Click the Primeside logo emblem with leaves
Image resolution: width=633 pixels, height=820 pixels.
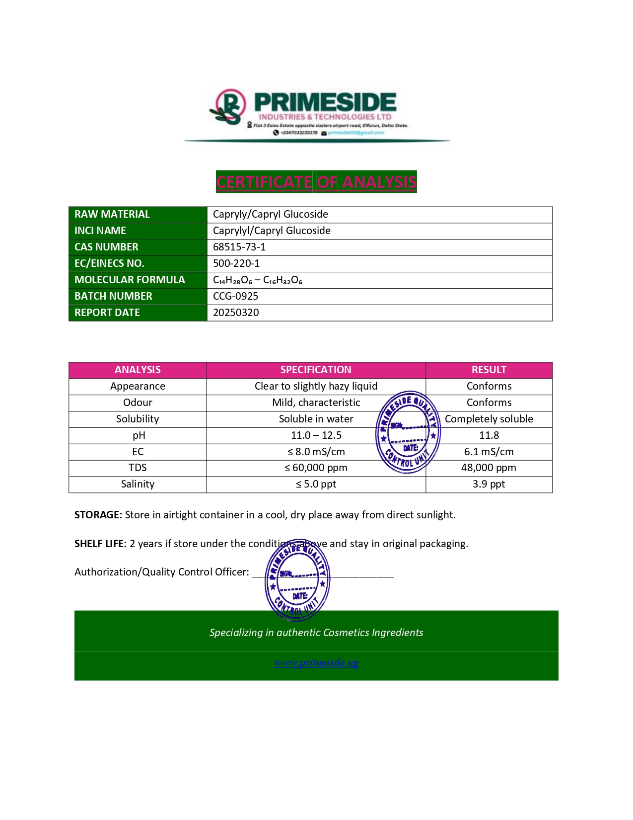[229, 107]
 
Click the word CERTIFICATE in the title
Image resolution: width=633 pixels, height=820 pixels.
[264, 182]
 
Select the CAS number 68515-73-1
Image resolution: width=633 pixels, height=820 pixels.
[239, 247]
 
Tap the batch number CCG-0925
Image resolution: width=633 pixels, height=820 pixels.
[235, 296]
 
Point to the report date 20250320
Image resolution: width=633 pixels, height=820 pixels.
[236, 313]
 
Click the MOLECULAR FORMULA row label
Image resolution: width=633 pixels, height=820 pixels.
[130, 280]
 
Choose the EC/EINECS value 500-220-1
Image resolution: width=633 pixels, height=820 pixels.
[236, 263]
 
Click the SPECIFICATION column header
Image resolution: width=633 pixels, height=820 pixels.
[316, 370]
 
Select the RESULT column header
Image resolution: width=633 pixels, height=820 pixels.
[489, 370]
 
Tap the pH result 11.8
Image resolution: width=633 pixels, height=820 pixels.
[489, 435]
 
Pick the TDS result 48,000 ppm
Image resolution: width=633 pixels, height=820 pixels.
[489, 468]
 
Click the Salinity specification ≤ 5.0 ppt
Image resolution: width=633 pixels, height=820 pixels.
[316, 484]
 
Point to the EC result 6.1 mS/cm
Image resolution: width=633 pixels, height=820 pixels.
[489, 452]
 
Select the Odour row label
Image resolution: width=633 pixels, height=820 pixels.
[138, 403]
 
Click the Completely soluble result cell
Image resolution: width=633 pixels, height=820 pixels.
[489, 419]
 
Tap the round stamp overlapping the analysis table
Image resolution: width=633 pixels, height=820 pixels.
[408, 432]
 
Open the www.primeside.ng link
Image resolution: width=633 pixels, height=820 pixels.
[316, 662]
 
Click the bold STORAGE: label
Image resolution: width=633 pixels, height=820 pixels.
[98, 515]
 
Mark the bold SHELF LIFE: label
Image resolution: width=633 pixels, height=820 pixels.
[100, 544]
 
